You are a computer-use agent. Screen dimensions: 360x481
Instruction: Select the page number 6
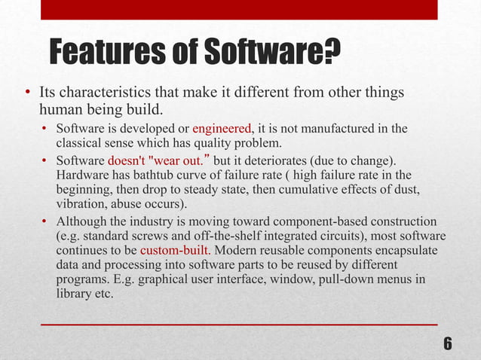click(x=448, y=344)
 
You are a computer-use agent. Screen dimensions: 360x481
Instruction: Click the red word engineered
click(x=223, y=129)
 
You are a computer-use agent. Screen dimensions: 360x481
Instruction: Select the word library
click(x=74, y=294)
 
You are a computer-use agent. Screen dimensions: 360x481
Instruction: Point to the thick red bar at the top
click(x=240, y=9)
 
